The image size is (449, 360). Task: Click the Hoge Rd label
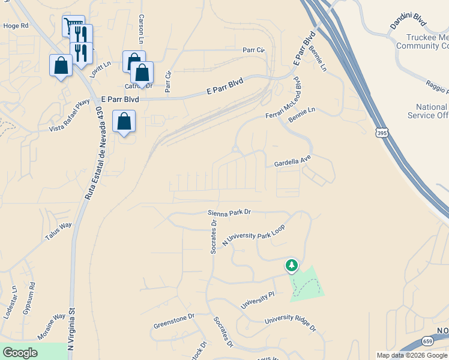[16, 26]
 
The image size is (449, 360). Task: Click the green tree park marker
[291, 265]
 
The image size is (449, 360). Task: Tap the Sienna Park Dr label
[229, 212]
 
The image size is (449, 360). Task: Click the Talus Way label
[58, 232]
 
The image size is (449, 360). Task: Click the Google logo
[20, 352]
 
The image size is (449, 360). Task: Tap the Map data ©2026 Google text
[412, 355]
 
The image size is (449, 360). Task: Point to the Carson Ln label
[142, 28]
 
